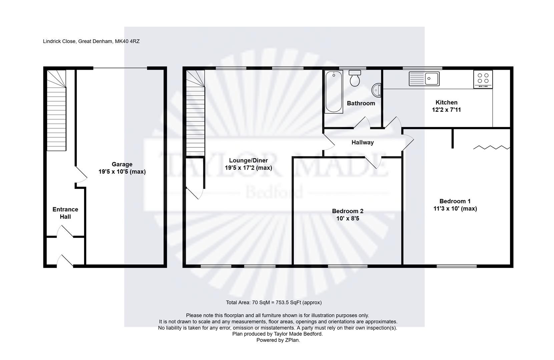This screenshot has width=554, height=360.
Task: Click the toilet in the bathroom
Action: tap(355, 78)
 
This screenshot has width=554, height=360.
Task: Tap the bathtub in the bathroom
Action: tap(334, 92)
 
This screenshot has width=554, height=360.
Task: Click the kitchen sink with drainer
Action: tap(424, 79)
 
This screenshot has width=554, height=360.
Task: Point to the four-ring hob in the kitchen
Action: tap(483, 79)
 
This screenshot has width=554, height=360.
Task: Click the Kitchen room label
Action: tap(446, 102)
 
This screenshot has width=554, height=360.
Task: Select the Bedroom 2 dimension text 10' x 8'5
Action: tap(348, 219)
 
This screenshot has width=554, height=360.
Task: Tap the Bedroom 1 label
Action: tap(455, 201)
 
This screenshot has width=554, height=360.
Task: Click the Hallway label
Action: tap(362, 142)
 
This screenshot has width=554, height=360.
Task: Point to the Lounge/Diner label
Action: tap(248, 161)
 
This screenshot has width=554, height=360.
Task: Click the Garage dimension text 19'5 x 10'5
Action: tap(122, 172)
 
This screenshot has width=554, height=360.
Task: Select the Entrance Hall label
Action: tap(65, 213)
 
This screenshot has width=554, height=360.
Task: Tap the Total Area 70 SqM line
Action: tap(273, 303)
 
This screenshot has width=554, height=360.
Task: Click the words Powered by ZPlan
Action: tap(278, 340)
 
